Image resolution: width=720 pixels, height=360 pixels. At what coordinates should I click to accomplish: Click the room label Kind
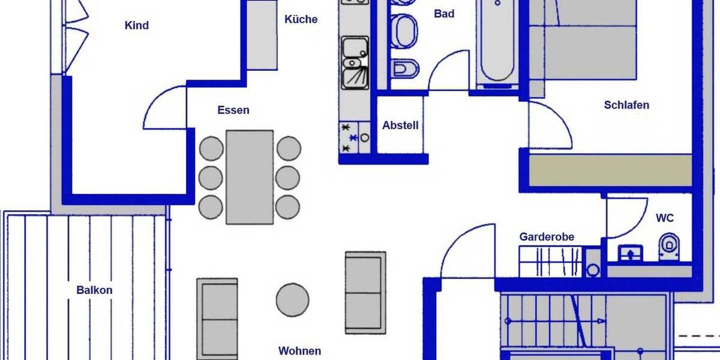click(x=136, y=26)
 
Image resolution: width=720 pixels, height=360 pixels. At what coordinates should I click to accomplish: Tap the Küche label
click(x=301, y=19)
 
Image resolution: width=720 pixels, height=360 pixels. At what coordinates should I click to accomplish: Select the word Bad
click(x=444, y=14)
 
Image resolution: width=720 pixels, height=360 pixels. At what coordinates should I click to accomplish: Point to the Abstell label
click(x=400, y=126)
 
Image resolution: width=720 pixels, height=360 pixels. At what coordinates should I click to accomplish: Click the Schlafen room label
click(x=626, y=105)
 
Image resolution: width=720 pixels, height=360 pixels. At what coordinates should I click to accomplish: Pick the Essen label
click(x=233, y=110)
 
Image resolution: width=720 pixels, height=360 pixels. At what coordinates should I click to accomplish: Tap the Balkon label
click(x=94, y=290)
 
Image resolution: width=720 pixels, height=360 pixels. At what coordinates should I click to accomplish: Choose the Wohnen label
click(x=299, y=351)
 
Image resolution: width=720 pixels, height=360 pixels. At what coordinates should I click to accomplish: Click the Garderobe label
click(x=547, y=237)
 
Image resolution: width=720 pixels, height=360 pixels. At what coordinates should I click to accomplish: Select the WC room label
click(x=665, y=218)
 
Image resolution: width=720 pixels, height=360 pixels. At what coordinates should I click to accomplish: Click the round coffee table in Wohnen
click(x=293, y=299)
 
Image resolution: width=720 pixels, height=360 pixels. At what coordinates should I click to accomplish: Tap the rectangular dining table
click(x=250, y=177)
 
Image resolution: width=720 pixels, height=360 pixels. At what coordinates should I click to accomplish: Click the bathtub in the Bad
click(x=497, y=42)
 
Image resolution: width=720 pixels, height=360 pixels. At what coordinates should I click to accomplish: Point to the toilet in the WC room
click(x=670, y=249)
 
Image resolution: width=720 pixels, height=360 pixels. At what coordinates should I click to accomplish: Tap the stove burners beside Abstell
click(x=353, y=137)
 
